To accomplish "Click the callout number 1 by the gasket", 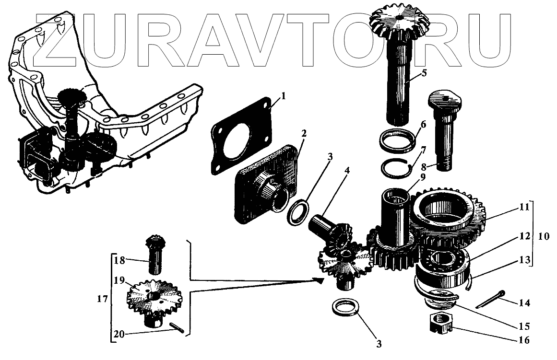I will [x=283, y=96].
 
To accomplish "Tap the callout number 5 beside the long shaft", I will [x=424, y=73].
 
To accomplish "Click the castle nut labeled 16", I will [x=440, y=326].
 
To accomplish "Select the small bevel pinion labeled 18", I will [x=154, y=254].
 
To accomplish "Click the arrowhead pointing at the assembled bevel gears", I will [x=317, y=279].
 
